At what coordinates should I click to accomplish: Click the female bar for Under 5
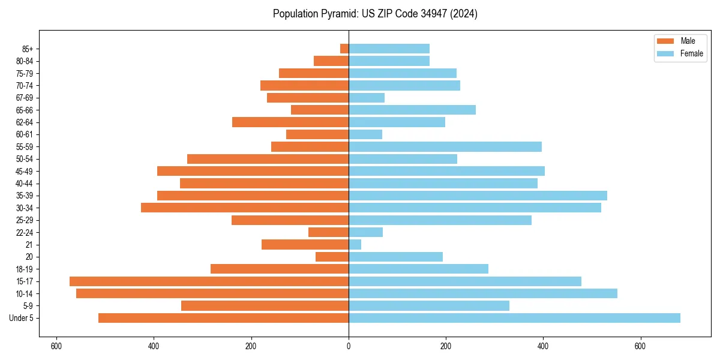tap(514, 318)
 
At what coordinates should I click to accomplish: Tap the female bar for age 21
tap(355, 245)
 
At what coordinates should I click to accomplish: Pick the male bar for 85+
tap(344, 49)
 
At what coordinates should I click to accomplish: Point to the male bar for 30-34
tap(245, 208)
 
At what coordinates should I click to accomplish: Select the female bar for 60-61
tap(365, 134)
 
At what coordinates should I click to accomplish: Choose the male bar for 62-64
tap(290, 122)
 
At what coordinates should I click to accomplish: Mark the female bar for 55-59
tap(445, 146)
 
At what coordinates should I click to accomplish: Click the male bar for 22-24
tap(329, 232)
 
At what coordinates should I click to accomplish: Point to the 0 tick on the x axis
tap(349, 346)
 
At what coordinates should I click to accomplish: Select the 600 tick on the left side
tap(57, 346)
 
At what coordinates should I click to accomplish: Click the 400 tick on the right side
tap(543, 346)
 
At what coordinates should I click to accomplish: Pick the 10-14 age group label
tap(24, 294)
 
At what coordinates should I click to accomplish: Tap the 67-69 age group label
tap(24, 98)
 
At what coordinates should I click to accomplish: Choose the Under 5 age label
tap(22, 318)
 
